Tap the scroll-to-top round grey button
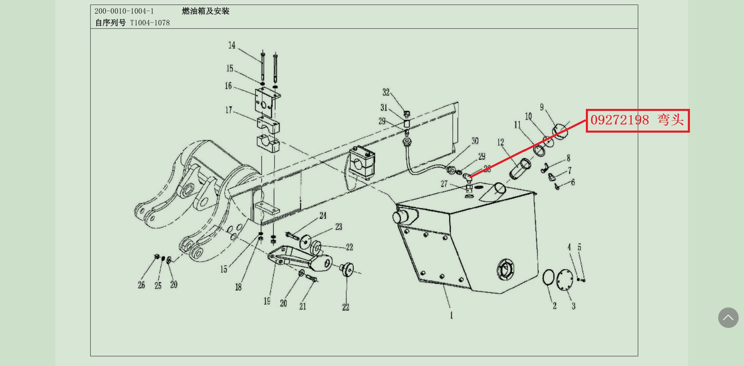tap(728, 317)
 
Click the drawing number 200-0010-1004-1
tap(124, 11)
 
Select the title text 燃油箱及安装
tap(205, 11)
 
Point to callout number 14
tap(232, 45)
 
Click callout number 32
tap(386, 92)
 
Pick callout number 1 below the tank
tap(451, 315)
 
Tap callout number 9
tap(542, 107)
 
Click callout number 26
tap(141, 285)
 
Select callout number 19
tap(267, 301)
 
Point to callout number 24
tap(323, 215)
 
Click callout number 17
tap(229, 110)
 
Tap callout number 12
tap(501, 142)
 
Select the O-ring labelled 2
tap(548, 277)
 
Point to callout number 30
tap(475, 141)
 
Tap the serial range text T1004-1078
tap(150, 23)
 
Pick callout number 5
tap(579, 247)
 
